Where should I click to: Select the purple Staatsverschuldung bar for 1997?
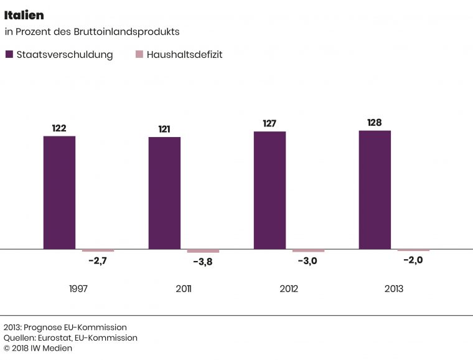[59, 192]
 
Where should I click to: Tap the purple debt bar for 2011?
[164, 193]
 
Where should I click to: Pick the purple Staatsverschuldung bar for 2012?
[269, 190]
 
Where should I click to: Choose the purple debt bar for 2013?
[375, 190]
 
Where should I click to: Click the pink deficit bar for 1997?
[98, 250]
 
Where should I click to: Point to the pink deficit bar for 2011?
[204, 251]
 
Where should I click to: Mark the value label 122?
[59, 128]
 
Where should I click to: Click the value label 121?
[164, 130]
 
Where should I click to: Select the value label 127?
[269, 123]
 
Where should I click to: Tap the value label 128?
[375, 123]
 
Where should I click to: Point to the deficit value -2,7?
[98, 261]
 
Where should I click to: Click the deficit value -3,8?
[203, 262]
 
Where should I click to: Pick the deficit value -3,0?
[307, 261]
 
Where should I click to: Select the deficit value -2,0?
[413, 260]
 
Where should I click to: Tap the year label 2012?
[289, 289]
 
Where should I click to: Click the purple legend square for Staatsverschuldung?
[9, 54]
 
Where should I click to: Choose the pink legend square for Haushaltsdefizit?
[139, 54]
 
